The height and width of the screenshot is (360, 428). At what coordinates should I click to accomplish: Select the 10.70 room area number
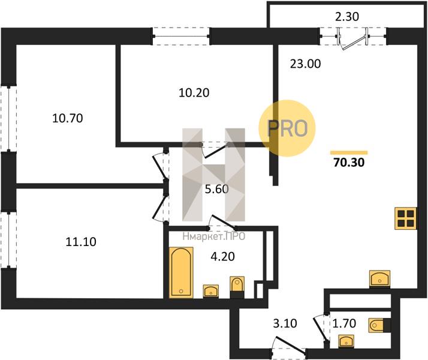(x=67, y=118)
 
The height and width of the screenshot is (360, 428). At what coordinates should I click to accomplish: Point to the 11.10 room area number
(x=80, y=242)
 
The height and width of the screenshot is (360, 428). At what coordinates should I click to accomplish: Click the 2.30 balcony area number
(x=347, y=17)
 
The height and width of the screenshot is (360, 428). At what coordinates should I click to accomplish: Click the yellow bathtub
(x=180, y=272)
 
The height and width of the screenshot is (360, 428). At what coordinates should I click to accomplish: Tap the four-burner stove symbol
(x=406, y=218)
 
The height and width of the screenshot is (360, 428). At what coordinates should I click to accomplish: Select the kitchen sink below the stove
(x=379, y=279)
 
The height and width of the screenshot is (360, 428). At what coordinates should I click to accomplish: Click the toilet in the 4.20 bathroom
(x=237, y=286)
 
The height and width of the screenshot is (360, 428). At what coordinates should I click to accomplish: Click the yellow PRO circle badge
(x=286, y=128)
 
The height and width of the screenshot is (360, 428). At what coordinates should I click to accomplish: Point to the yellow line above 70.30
(x=349, y=152)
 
